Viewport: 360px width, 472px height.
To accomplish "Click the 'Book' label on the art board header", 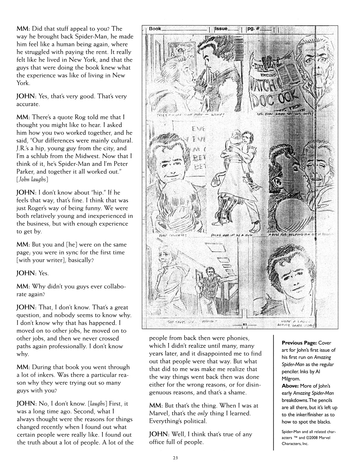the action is [x=155, y=29].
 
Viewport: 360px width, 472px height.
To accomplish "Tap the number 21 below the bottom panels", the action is [x=245, y=324].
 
